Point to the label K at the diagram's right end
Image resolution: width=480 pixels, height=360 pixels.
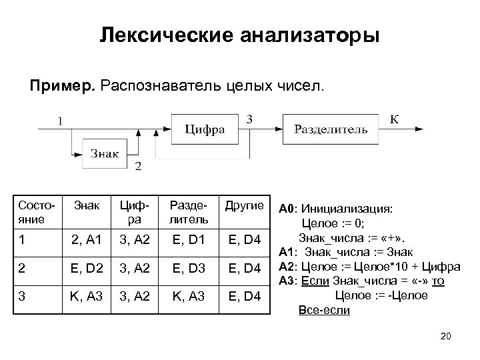tap(395, 119)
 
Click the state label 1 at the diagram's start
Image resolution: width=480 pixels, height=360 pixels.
tap(61, 121)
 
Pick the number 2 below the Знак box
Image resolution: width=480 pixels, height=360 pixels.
tap(138, 167)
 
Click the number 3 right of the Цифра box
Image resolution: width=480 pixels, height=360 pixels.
tap(249, 119)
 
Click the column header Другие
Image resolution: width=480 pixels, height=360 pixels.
tap(245, 205)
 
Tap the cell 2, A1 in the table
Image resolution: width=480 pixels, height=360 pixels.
tap(87, 239)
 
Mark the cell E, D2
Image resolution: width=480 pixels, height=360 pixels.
tap(87, 269)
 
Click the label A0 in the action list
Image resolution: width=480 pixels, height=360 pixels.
tap(286, 208)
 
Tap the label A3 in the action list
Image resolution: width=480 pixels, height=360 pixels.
tap(286, 281)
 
